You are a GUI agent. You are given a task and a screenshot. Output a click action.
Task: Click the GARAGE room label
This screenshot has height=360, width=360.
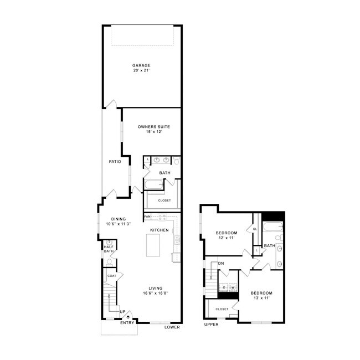141,65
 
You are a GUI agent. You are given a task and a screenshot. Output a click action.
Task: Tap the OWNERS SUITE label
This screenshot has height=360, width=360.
153,127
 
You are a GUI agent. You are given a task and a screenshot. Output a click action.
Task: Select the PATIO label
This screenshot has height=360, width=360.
115,162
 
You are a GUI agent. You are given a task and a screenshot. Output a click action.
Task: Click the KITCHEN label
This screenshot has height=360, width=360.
160,229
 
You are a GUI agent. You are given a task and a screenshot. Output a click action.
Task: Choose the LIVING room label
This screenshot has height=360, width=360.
155,288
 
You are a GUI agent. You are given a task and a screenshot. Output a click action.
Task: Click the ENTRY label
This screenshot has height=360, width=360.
127,323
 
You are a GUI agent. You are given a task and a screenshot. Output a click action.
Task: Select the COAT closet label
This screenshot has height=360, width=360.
111,275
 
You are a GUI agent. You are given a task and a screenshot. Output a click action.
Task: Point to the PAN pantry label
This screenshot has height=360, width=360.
147,216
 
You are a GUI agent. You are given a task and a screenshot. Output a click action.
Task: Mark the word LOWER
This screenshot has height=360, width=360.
172,327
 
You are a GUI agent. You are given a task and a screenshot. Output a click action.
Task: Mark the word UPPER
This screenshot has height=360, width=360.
211,325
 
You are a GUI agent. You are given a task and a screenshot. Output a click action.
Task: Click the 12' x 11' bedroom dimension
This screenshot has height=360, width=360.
226,238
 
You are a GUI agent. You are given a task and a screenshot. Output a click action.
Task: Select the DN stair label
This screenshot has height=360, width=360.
220,263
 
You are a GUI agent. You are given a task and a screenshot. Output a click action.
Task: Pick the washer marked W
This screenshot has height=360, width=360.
233,287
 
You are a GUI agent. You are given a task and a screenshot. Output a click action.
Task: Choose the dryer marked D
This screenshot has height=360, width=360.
224,287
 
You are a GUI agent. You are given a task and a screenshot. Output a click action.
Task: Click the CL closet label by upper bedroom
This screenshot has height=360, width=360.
255,229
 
